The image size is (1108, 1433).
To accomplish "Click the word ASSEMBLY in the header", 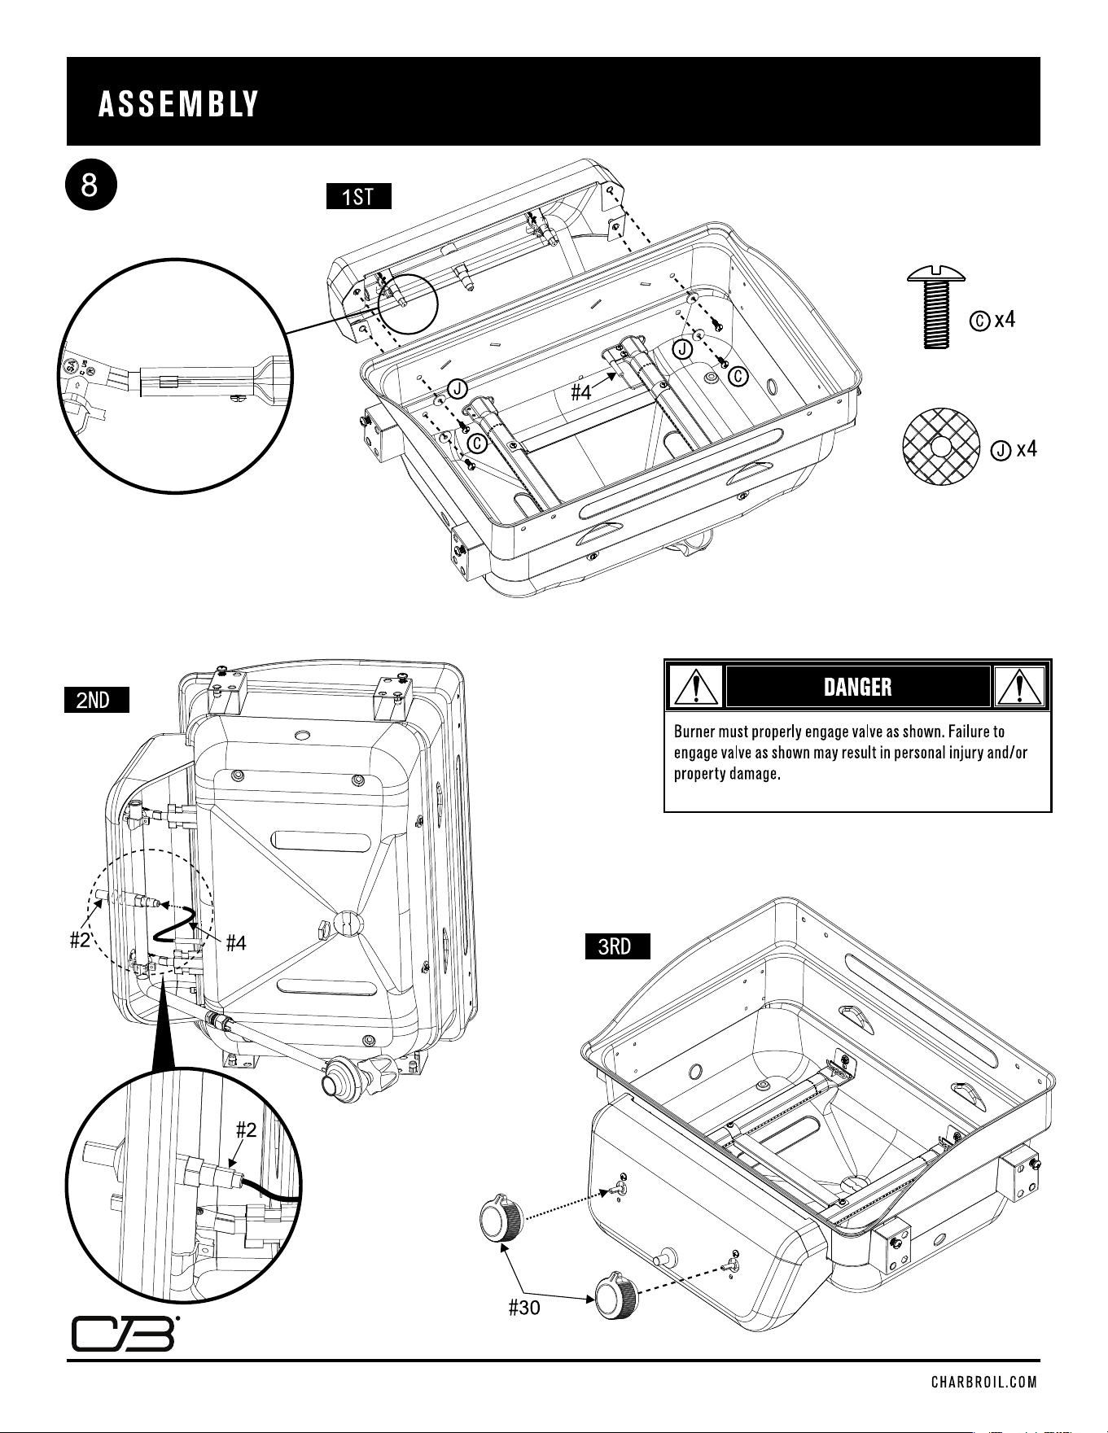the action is [x=178, y=104].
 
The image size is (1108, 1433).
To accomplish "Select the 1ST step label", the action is [x=358, y=197].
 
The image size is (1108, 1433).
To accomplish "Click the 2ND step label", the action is [x=97, y=700].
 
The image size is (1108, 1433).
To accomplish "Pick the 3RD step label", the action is [x=617, y=947].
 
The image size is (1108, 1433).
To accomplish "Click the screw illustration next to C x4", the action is [x=936, y=306].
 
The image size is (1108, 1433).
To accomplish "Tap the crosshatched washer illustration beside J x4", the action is [x=941, y=448].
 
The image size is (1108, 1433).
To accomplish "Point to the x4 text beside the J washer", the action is [x=1026, y=448].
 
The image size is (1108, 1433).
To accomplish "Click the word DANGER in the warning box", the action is [x=857, y=688].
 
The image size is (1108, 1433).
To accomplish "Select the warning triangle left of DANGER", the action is [x=694, y=686].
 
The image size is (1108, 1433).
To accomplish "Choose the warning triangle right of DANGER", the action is [x=1020, y=686].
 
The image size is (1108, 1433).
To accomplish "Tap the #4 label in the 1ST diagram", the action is [x=580, y=393].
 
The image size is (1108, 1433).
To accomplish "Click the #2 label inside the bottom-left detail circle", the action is [x=247, y=1129].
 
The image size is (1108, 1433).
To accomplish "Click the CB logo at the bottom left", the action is [x=124, y=1332].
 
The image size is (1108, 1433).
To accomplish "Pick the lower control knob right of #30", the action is [x=616, y=1296].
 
